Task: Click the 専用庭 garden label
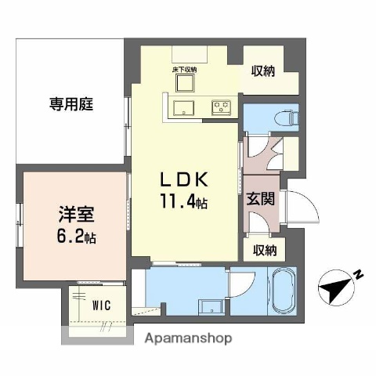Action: point(68,103)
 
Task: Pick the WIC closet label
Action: point(102,304)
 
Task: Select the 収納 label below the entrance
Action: point(265,251)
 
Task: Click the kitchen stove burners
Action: point(221,107)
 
